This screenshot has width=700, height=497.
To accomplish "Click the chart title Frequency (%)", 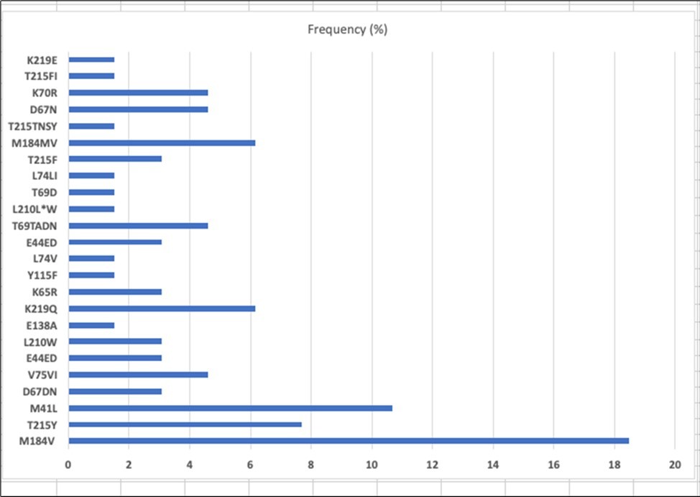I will click(348, 29).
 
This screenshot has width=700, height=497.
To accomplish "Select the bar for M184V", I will click(349, 441).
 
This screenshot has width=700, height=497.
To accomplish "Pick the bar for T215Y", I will click(185, 424).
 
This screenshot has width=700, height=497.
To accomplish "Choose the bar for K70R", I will click(138, 93).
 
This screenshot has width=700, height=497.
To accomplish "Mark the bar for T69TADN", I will click(138, 226).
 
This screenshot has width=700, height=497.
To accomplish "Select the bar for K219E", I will click(91, 60).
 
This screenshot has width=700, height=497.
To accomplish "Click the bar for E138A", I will click(91, 325).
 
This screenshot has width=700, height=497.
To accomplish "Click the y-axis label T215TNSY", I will click(34, 127).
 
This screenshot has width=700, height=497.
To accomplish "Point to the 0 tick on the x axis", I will click(68, 465).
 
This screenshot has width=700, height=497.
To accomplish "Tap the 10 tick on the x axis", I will click(372, 465).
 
